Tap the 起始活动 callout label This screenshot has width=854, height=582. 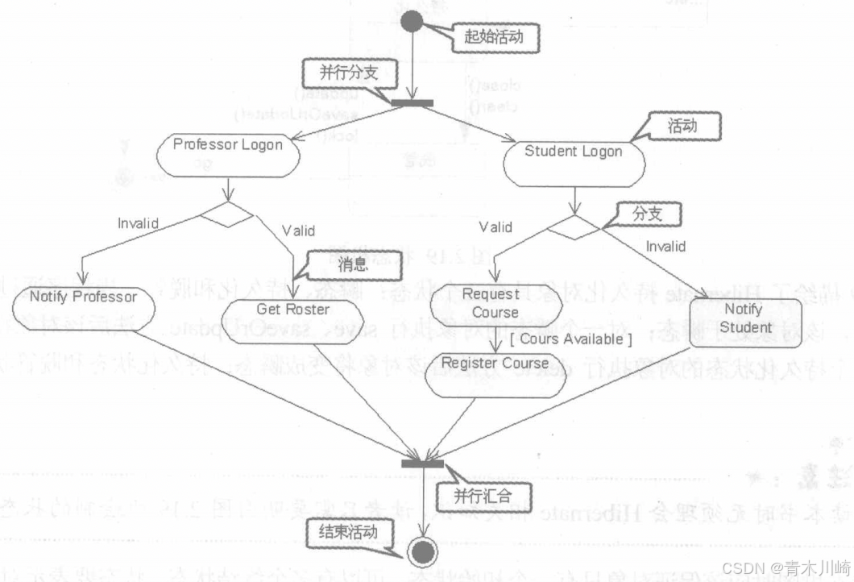coord(493,35)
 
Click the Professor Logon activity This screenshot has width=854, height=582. coord(228,154)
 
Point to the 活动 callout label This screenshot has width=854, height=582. coord(682,126)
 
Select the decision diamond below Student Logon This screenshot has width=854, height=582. coord(574,227)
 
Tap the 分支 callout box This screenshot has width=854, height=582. coord(646,214)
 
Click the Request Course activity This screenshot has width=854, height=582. coord(495,305)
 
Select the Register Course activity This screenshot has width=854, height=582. coord(494,372)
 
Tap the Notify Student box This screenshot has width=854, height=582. coord(745,321)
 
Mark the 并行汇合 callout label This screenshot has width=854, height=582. coord(481,493)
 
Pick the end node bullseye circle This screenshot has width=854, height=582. coord(421,552)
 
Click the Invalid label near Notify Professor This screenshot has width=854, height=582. coord(138,223)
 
